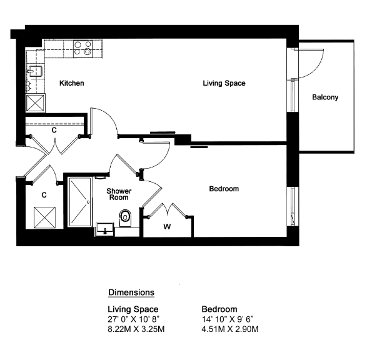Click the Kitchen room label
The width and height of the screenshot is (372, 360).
coord(72,83)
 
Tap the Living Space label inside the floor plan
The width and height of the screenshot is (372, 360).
coord(224,83)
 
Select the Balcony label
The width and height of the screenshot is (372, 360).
coord(325,97)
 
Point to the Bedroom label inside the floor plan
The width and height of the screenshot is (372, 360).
coord(224,189)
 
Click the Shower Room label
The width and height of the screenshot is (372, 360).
coord(119,194)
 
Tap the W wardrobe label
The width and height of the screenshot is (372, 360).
coord(167,227)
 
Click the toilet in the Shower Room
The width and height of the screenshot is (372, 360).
coord(125,218)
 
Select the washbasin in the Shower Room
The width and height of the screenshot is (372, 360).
coord(104,229)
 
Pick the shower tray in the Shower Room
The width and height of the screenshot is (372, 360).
coord(80,202)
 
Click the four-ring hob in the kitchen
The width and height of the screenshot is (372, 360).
coord(83,48)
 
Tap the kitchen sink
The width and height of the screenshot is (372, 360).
coord(35,71)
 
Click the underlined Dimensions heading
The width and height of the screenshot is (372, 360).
coord(131,292)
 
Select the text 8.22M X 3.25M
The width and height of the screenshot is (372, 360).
coord(136,329)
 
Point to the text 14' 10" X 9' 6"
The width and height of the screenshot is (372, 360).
coord(228,319)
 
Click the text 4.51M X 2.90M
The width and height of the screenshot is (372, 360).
coord(230,329)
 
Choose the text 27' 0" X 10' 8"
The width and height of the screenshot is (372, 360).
coord(134,319)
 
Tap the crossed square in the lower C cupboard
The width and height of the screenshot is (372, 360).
coord(44,217)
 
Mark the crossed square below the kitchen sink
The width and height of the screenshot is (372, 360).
coord(36,103)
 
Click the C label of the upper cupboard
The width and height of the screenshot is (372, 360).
coord(54,130)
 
